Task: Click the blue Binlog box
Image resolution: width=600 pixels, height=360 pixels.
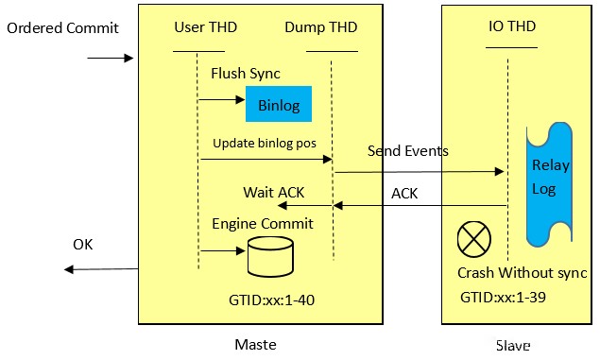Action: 279,104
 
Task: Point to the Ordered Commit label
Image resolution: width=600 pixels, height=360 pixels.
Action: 62,27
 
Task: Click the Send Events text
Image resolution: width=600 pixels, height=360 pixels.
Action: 407,151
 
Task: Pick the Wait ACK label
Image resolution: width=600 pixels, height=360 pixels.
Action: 274,193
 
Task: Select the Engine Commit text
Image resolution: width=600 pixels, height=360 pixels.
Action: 262,224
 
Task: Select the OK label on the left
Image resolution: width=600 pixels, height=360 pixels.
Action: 84,245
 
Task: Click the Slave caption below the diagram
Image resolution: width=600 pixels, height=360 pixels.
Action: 512,346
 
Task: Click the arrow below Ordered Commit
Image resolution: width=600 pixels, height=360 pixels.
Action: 111,59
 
